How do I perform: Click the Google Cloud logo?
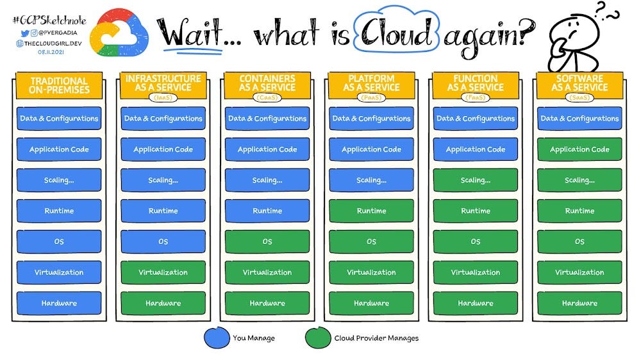(x=120, y=32)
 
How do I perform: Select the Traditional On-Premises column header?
(x=59, y=86)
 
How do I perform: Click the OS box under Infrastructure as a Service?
(x=163, y=241)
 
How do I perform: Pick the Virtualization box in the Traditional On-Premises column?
(x=59, y=272)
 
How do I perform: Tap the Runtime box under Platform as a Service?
(x=371, y=211)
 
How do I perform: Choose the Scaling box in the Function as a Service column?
(x=475, y=180)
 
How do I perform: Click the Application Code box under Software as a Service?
(x=579, y=149)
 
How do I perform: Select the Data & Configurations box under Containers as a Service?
(x=267, y=119)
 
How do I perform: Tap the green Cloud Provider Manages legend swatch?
(x=317, y=337)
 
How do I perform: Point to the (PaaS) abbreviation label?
(x=371, y=97)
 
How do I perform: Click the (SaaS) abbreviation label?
(x=579, y=97)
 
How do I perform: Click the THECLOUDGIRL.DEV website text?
(x=45, y=42)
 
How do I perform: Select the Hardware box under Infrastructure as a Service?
(x=163, y=303)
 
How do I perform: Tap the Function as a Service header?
(x=475, y=83)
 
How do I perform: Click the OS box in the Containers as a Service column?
(x=267, y=241)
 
